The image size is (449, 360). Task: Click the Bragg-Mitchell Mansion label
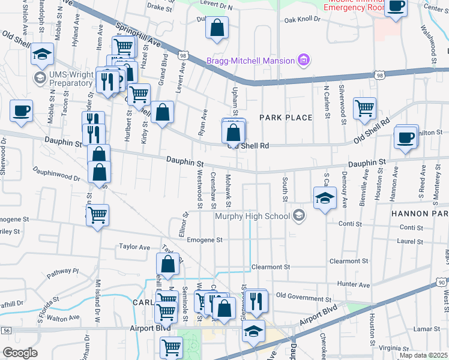(x=250, y=61)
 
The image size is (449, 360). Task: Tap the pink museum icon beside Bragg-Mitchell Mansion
(x=304, y=60)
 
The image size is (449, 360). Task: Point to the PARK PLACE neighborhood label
(x=286, y=118)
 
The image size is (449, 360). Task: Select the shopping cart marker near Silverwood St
(x=364, y=108)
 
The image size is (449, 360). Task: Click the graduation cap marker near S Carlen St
(x=324, y=198)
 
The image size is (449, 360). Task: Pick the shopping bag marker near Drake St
(x=217, y=27)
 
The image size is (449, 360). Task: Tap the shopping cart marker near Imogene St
(x=97, y=214)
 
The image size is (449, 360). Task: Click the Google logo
(x=20, y=353)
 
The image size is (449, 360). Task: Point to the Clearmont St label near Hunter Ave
(x=349, y=262)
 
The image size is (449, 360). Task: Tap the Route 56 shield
(x=7, y=330)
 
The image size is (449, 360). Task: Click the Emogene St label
(x=204, y=239)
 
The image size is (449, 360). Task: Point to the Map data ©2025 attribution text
(x=424, y=355)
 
